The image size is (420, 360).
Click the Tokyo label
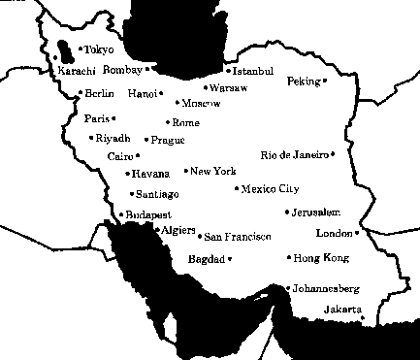[x=100, y=49]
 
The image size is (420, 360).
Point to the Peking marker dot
[x=325, y=82]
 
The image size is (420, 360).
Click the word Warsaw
[x=229, y=87]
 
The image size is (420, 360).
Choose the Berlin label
[x=100, y=93]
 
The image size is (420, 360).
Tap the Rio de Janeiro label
[x=295, y=155]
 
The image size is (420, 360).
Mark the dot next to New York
[x=186, y=171]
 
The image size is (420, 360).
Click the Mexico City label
[x=271, y=189]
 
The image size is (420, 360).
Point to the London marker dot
[x=357, y=233]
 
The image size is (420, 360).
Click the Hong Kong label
[x=320, y=258]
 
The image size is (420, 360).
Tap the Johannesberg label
[x=327, y=288]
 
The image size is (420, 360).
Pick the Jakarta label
[x=342, y=310]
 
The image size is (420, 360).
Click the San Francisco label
[x=238, y=237]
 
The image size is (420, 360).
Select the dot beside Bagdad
[x=230, y=259]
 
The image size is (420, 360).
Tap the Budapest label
[x=148, y=214]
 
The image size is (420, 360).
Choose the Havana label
[x=150, y=174]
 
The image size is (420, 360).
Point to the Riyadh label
[x=113, y=138]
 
